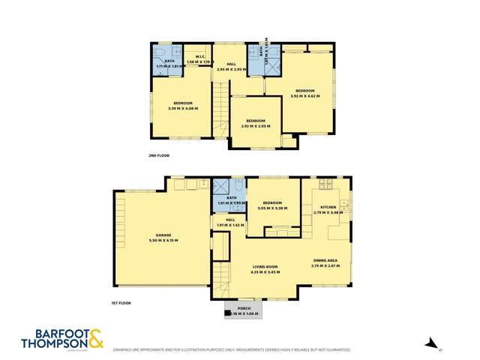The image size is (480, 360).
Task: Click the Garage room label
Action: click(x=163, y=235)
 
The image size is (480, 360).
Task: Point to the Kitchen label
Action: click(x=328, y=207)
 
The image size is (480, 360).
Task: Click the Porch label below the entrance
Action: click(x=244, y=308)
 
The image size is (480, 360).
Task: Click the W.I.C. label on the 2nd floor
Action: click(x=200, y=57)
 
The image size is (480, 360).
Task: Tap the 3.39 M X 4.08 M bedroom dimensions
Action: click(x=184, y=108)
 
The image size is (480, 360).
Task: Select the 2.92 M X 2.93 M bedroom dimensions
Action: click(x=256, y=126)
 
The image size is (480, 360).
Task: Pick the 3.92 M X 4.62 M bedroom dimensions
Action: click(x=305, y=96)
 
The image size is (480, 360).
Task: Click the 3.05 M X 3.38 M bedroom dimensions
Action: click(x=271, y=208)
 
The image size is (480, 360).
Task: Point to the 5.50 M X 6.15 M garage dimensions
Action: click(x=163, y=240)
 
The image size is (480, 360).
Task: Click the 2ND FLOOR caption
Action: click(x=159, y=155)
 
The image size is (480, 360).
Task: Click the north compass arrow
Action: click(x=430, y=345)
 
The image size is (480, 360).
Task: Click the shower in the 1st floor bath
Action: click(x=221, y=187)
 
